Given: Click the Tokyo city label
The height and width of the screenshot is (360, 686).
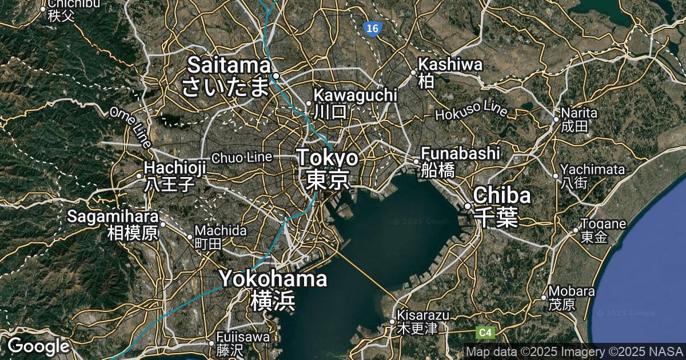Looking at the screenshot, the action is pos(328,158).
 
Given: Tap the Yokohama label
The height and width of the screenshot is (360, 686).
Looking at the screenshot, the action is pos(273,279).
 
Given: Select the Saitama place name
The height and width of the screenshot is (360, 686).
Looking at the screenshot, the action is pos(229,65).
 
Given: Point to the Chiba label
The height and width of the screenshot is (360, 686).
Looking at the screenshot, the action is pos(502,195).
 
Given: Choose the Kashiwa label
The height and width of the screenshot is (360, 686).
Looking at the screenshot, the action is pos(450,65).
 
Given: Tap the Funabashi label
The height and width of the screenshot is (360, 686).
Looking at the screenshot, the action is pos(460,153).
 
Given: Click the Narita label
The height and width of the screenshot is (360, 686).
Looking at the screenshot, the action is pos(579,113).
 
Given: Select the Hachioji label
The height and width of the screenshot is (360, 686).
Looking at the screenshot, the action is pos(174,168).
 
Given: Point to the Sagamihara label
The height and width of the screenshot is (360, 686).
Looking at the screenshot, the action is pos(113,217).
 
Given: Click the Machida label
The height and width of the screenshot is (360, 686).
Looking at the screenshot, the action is pos(220,231).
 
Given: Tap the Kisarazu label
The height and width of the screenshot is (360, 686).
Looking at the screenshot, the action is pos(423,315).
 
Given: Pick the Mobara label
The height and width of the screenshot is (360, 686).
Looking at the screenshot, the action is pos(568,290).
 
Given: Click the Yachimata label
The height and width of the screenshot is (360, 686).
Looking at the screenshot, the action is pos(592,170).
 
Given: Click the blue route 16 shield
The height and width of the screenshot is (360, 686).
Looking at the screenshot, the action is pos(372,28).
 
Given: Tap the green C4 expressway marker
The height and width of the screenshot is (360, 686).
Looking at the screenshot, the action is pos(485,332).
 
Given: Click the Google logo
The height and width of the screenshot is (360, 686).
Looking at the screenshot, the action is pos(38,346).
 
